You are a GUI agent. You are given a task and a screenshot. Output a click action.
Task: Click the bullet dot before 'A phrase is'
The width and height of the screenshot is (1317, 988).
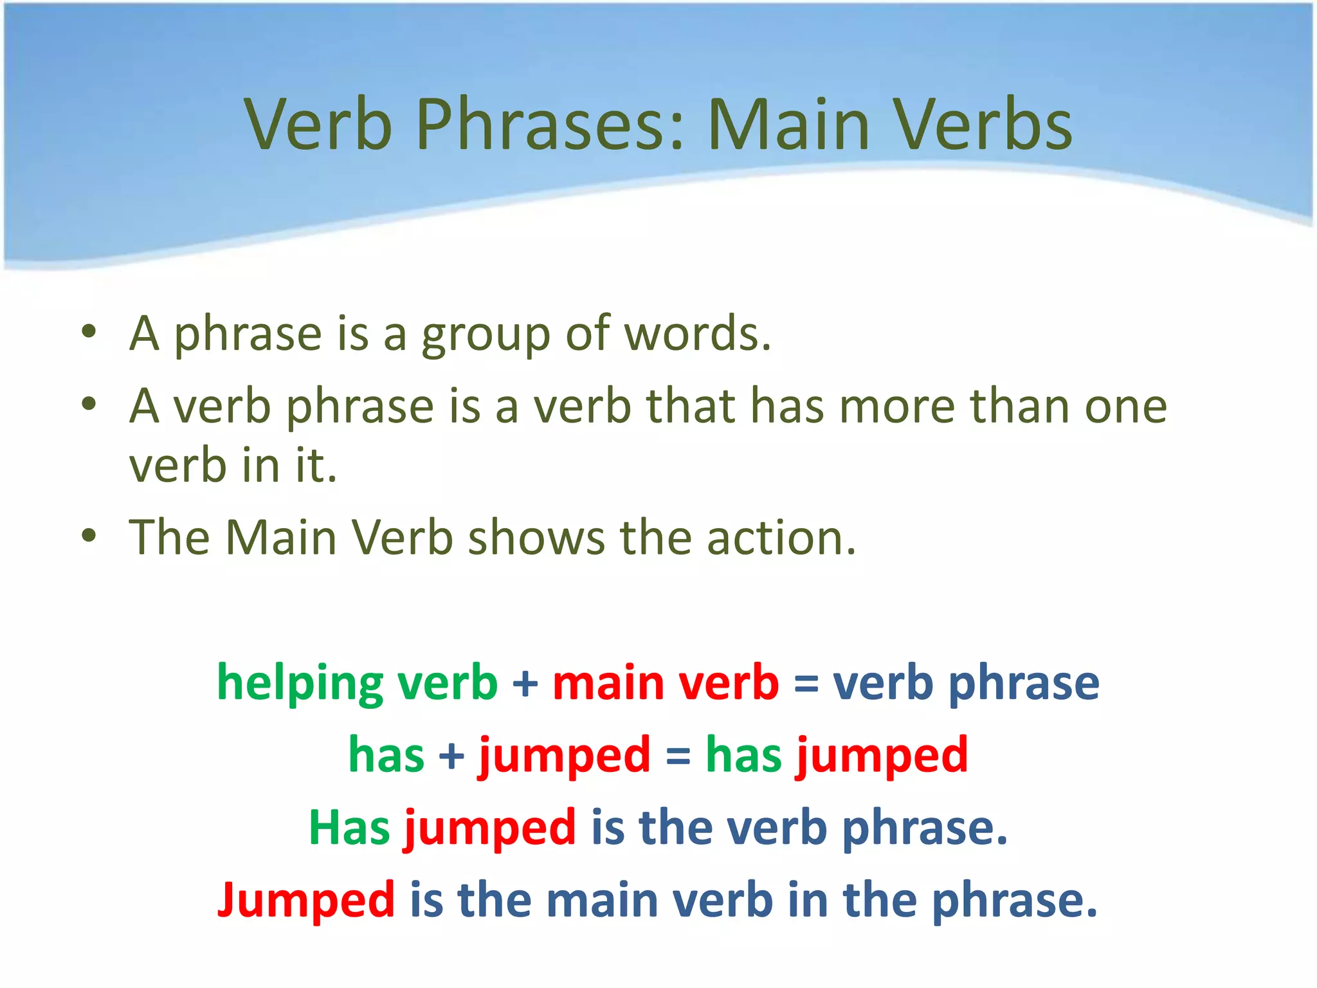[89, 332]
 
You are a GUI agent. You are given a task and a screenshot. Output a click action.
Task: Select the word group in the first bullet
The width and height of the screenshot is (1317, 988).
[486, 334]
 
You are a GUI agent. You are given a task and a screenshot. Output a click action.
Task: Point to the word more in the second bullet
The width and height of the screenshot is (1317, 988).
[898, 407]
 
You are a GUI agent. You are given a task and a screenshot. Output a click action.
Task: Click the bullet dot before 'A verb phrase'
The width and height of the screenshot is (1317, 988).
[89, 405]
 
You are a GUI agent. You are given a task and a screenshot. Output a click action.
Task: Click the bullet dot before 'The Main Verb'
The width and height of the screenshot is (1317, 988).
[89, 535]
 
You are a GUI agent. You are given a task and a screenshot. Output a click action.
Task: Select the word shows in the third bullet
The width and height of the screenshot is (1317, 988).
[536, 537]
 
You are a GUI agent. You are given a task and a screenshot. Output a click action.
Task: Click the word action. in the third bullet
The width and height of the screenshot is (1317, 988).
[781, 537]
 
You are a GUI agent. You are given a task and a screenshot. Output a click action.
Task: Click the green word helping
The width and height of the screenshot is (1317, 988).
[300, 683]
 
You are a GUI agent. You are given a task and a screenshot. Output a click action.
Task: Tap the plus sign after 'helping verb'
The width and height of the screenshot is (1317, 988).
[525, 683]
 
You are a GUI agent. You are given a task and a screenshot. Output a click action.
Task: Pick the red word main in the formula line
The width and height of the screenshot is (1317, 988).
[608, 683]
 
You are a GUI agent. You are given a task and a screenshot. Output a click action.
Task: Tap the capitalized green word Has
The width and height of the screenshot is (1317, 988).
[349, 827]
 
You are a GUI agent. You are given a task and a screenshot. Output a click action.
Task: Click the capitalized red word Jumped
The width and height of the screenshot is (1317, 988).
[306, 901]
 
